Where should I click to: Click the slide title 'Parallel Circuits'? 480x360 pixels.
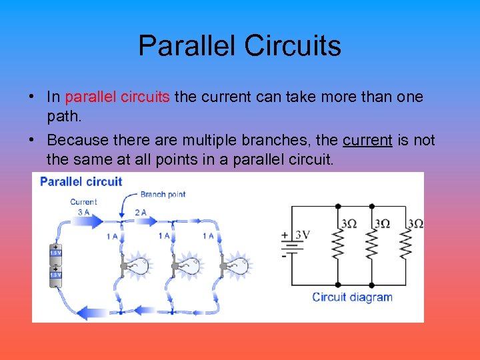[239, 45]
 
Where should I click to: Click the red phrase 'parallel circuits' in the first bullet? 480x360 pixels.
[117, 97]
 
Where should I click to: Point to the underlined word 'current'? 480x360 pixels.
[367, 141]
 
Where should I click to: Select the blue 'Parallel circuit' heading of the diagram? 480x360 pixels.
[81, 181]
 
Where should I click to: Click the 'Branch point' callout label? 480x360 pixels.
[163, 195]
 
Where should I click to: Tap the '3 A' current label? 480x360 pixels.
[84, 212]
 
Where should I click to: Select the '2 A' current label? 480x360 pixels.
[141, 213]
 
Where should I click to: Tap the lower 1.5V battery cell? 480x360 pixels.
[56, 275]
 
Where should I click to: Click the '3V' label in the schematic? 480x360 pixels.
[302, 235]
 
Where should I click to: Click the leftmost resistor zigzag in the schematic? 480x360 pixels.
[338, 246]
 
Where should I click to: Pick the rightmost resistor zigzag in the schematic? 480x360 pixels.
[405, 246]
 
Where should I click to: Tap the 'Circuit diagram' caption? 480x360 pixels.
[352, 297]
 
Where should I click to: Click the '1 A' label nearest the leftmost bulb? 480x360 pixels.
[113, 236]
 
